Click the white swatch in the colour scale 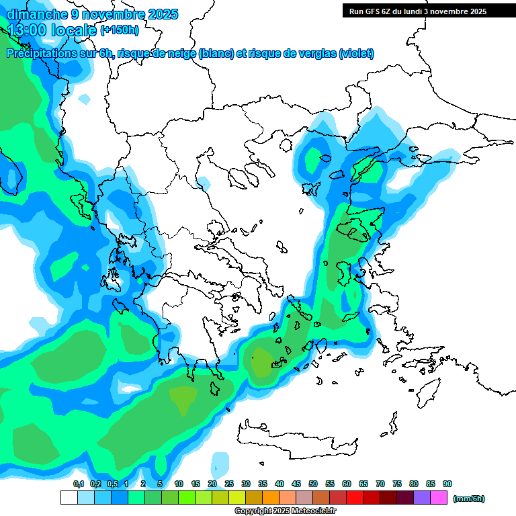69,498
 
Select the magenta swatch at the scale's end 439,498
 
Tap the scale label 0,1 79,484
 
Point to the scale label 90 447,484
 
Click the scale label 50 313,484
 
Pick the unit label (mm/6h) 468,499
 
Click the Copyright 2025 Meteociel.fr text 286,511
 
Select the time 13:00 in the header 28,30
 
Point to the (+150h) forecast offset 120,30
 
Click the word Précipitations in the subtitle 40,54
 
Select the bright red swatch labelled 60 355,498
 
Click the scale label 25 229,484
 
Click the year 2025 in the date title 163,13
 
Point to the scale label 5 160,484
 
